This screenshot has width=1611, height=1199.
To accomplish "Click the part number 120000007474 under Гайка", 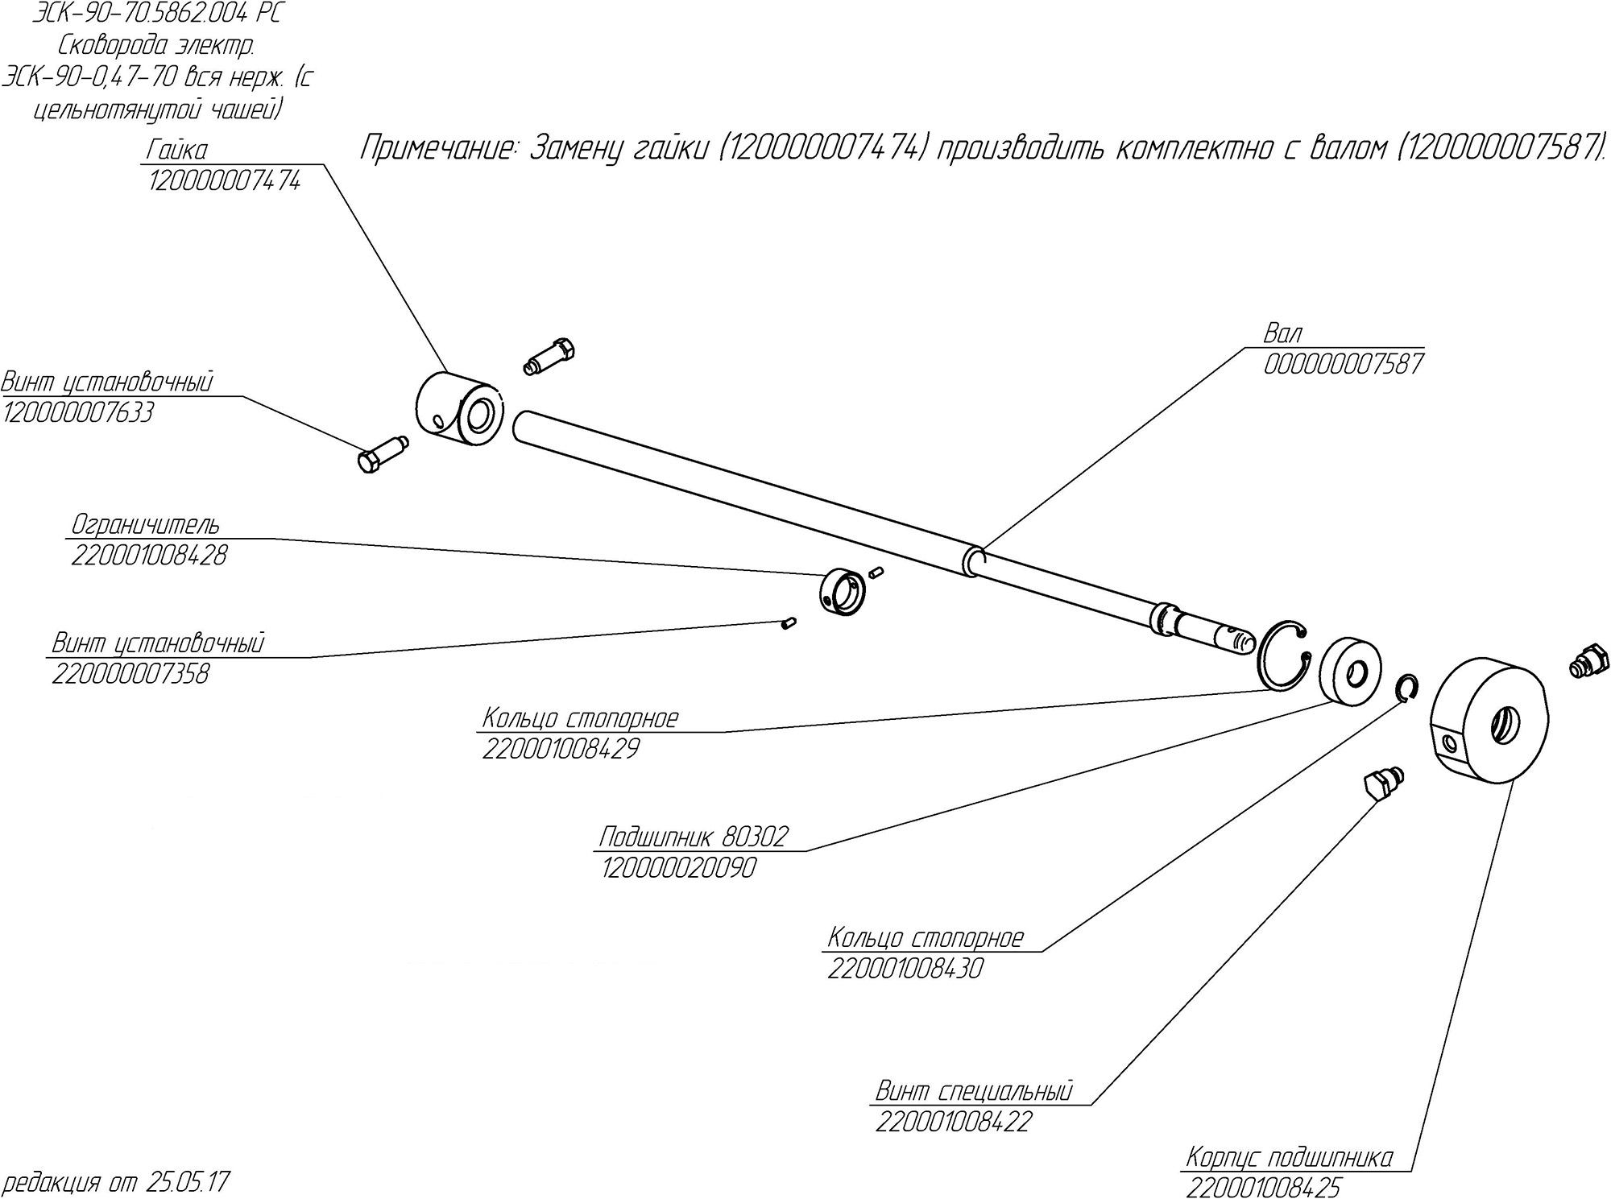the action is coord(224,182).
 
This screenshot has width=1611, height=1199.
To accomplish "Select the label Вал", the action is coord(1282,333).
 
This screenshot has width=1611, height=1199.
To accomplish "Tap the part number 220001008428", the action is coord(149,555).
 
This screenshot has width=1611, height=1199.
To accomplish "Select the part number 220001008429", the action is coord(561,749).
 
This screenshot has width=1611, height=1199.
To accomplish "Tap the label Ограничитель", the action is coord(145,525).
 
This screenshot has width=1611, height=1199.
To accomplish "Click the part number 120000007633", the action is coord(77,413).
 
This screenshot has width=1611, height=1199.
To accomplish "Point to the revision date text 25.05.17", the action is coord(188,1183).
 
